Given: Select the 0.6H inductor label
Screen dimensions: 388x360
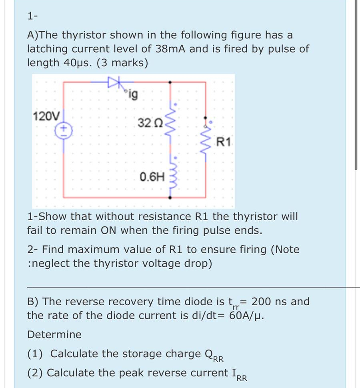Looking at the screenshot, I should tap(152, 176).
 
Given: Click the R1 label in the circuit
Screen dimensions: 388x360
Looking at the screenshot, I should tap(223, 141).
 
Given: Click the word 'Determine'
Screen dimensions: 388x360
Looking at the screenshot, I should tap(54, 334).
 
